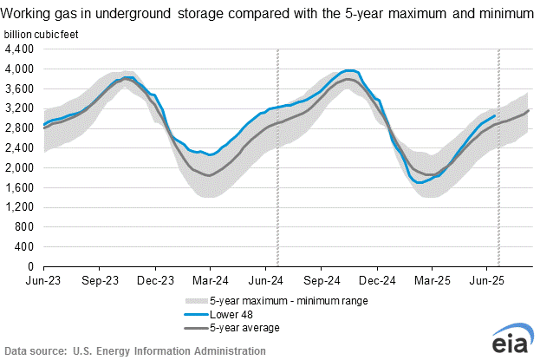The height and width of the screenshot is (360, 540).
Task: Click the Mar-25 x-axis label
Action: [433, 281]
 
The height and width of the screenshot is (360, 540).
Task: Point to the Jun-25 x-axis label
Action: [488, 281]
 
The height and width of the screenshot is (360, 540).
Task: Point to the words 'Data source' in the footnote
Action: [35, 350]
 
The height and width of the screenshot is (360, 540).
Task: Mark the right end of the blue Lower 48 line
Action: [495, 115]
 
